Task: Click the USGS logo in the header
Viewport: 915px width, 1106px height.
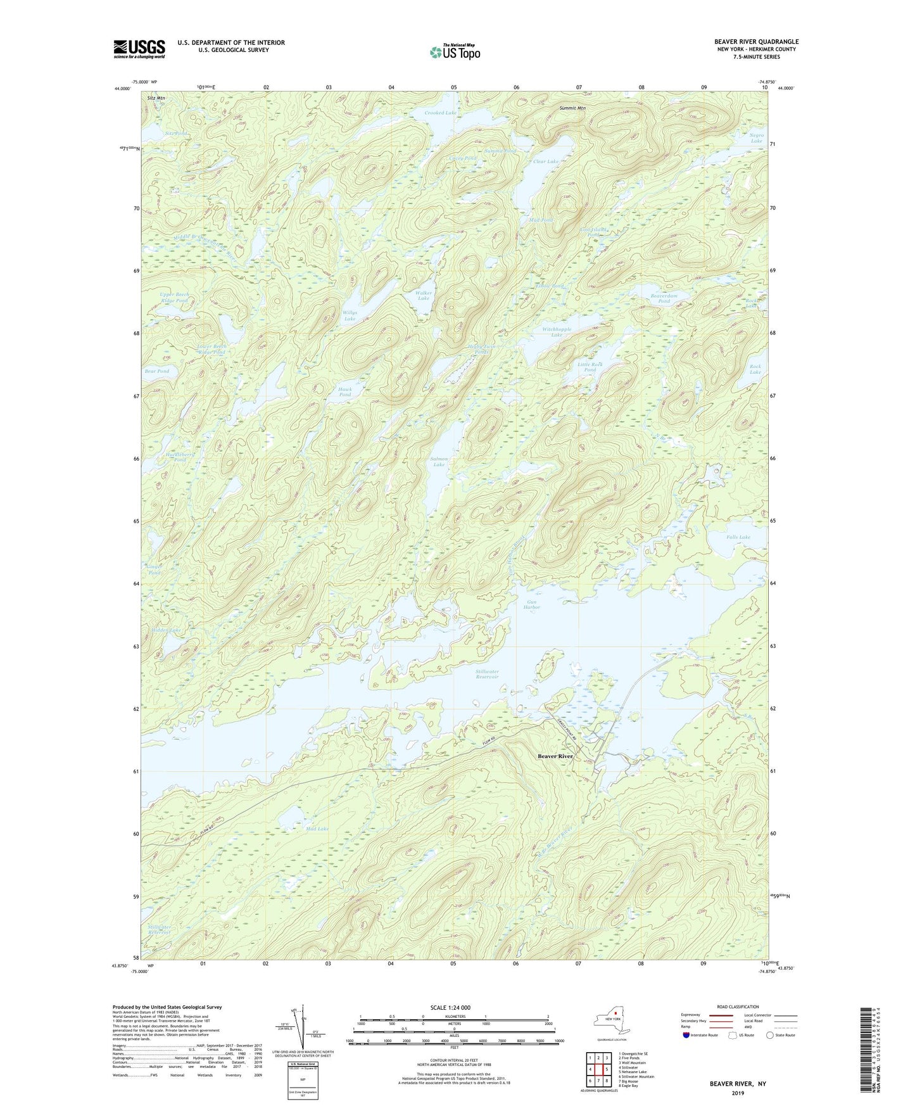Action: [x=139, y=49]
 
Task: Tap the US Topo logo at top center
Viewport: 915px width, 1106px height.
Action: [x=454, y=52]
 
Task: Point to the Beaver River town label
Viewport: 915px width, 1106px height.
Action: [x=555, y=756]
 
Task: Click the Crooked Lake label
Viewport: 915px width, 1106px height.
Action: [x=440, y=113]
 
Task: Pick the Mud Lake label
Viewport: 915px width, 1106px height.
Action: [x=317, y=829]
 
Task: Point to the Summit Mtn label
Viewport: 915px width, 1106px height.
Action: [x=572, y=108]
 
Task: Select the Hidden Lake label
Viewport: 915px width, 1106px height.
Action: [x=167, y=630]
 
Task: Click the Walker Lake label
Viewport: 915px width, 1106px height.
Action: [x=424, y=296]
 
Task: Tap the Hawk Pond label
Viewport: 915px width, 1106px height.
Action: [x=345, y=392]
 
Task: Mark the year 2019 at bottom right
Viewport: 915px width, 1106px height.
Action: [x=738, y=1093]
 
